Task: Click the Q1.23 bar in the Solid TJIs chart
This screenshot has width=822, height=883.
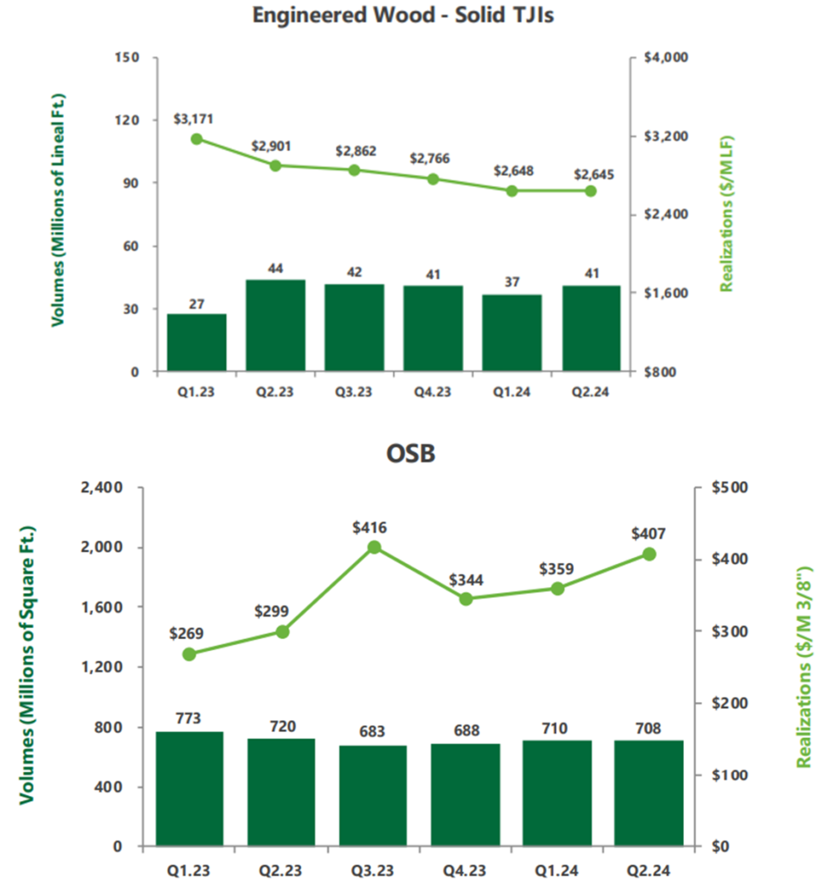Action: pos(197,342)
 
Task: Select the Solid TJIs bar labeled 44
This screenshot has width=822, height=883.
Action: pos(275,325)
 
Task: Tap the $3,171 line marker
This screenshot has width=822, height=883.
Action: pos(197,139)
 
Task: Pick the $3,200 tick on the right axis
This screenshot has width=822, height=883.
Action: pos(664,136)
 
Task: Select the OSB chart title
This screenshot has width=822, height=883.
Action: pos(411,454)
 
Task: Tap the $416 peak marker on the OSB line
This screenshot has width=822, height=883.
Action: pos(374,547)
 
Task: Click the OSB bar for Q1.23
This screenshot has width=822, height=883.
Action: pos(190,788)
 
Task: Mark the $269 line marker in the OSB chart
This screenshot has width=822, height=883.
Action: pos(190,654)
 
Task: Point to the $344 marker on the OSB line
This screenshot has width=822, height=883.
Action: pos(466,598)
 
